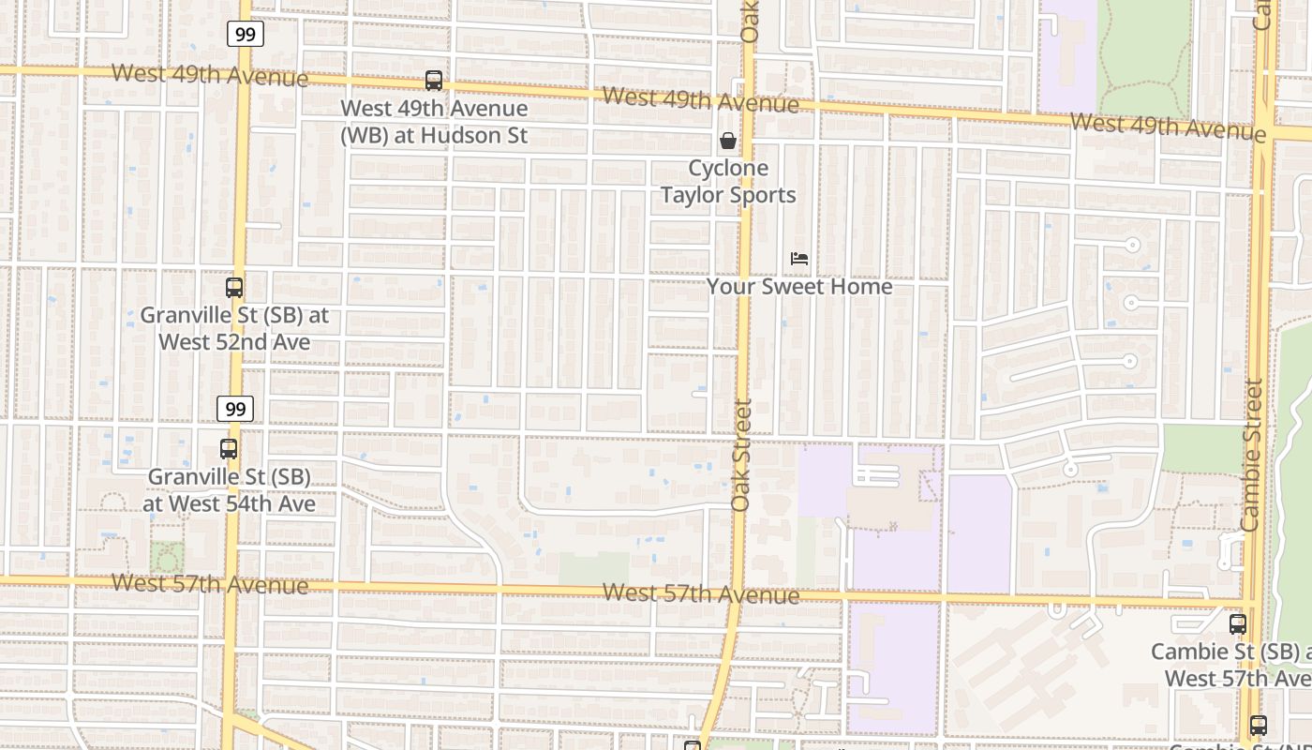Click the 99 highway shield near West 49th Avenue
pos(245,35)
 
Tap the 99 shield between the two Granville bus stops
pos(235,409)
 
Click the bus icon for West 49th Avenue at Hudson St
pos(433,81)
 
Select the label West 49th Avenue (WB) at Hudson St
pos(434,122)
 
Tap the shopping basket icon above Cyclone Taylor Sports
pos(727,142)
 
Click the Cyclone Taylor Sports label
pos(728,182)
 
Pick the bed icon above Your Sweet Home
pos(799,259)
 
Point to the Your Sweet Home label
pos(799,286)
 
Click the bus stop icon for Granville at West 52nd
pos(234,288)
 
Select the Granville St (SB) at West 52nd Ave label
pos(234,328)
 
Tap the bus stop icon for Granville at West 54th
pos(229,449)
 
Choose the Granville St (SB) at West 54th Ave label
pos(230,490)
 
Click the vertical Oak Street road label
pos(741,455)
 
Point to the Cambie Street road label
pos(1252,455)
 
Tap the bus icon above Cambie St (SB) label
pos(1238,623)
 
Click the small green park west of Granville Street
pos(167,558)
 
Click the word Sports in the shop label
pos(762,195)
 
